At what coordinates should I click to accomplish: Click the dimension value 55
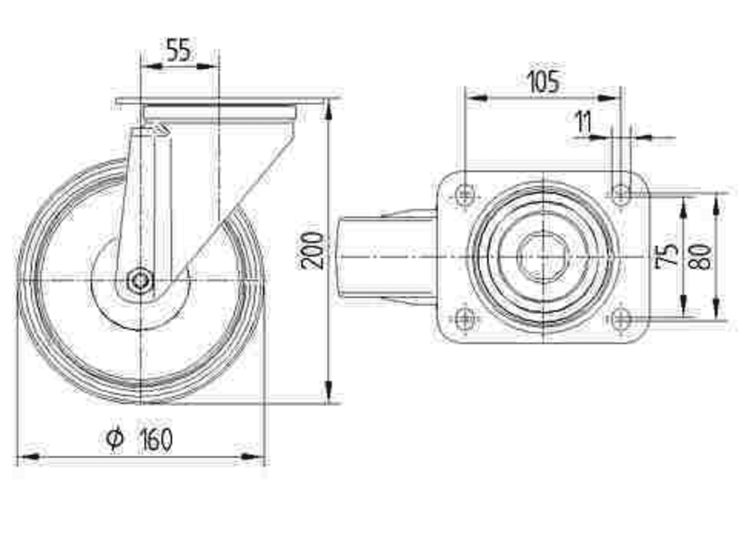click(x=179, y=51)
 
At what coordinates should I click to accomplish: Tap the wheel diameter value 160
click(x=156, y=440)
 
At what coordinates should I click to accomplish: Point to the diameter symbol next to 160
click(x=114, y=439)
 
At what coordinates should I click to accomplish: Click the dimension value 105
click(x=542, y=82)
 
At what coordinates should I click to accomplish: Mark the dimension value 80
click(x=701, y=255)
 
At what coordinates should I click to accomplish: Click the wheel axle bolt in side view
click(x=139, y=282)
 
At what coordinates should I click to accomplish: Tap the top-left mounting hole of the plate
click(x=466, y=196)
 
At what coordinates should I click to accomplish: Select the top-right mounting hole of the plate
click(x=620, y=196)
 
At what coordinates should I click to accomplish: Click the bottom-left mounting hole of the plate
click(x=466, y=319)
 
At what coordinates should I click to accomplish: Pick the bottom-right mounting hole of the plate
click(x=620, y=319)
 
